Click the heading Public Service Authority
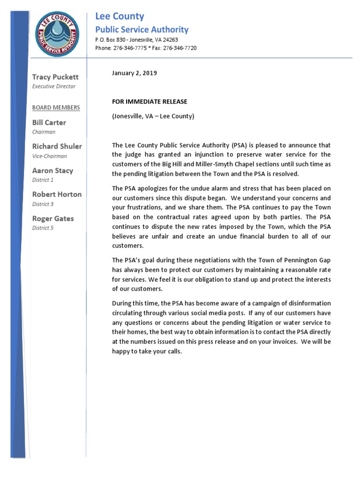pyautogui.click(x=142, y=30)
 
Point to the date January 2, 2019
pyautogui.click(x=134, y=73)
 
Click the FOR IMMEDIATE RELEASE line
pyautogui.click(x=149, y=101)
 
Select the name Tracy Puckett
pyautogui.click(x=55, y=76)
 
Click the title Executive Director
pyautogui.click(x=53, y=86)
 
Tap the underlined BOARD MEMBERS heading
pyautogui.click(x=56, y=107)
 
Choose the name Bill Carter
pyautogui.click(x=49, y=122)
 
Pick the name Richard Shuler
pyautogui.click(x=57, y=146)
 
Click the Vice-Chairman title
pyautogui.click(x=49, y=156)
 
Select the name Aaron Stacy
pyautogui.click(x=52, y=170)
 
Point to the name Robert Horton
pyautogui.click(x=57, y=194)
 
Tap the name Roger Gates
pyautogui.click(x=52, y=218)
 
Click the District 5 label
pyautogui.click(x=43, y=228)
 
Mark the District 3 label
pyautogui.click(x=43, y=204)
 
